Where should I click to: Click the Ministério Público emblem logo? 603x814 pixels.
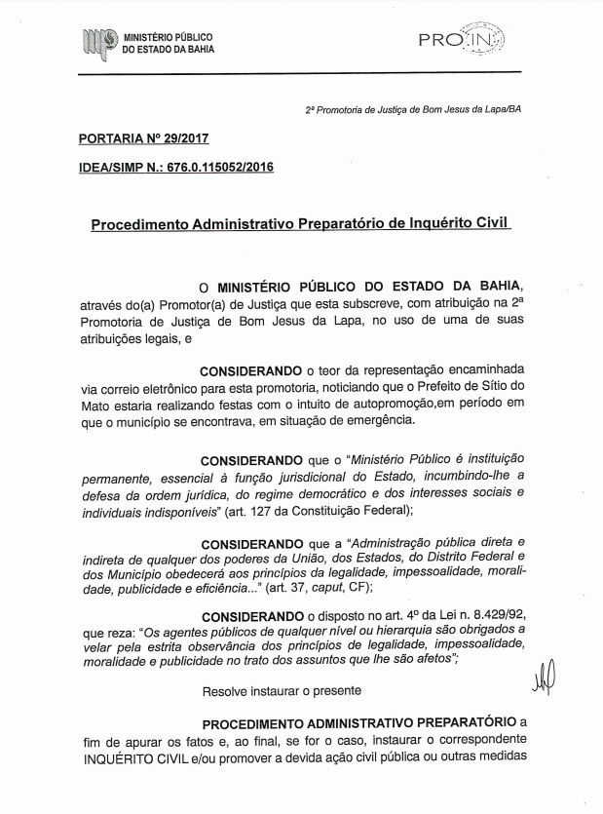98,42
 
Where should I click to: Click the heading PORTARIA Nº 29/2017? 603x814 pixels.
142,139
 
